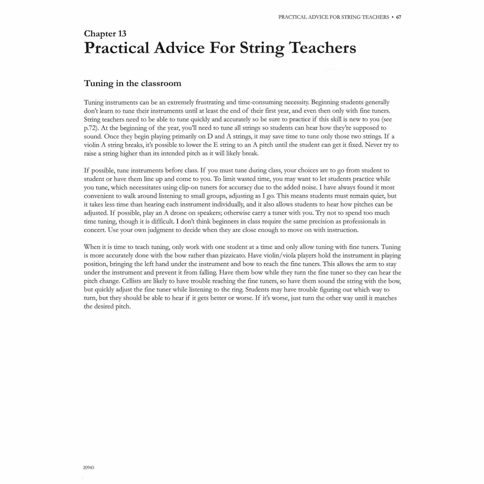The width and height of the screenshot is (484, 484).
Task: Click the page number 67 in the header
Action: click(399, 17)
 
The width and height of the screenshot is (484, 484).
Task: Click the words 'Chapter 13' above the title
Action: click(105, 34)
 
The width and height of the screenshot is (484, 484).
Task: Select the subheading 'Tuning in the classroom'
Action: click(132, 83)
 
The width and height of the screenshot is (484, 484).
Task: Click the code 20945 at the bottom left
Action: click(88, 467)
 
